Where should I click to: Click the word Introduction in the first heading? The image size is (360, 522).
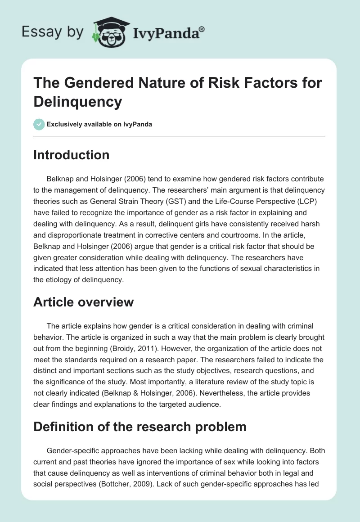72,155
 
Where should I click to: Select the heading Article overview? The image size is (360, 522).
83,301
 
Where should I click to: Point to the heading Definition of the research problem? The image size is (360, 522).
140,426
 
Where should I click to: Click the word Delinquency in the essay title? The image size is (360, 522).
78,101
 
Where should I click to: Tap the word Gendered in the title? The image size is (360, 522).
91,83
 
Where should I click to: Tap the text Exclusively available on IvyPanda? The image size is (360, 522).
99,124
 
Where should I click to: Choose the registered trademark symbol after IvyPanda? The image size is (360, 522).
202,28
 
